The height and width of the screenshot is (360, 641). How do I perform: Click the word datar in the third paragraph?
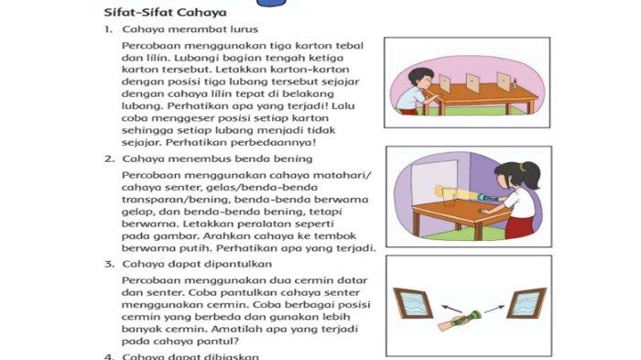tap(354, 278)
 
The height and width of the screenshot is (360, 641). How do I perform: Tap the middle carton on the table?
tap(473, 83)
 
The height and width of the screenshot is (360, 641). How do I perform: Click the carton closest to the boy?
tap(444, 84)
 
